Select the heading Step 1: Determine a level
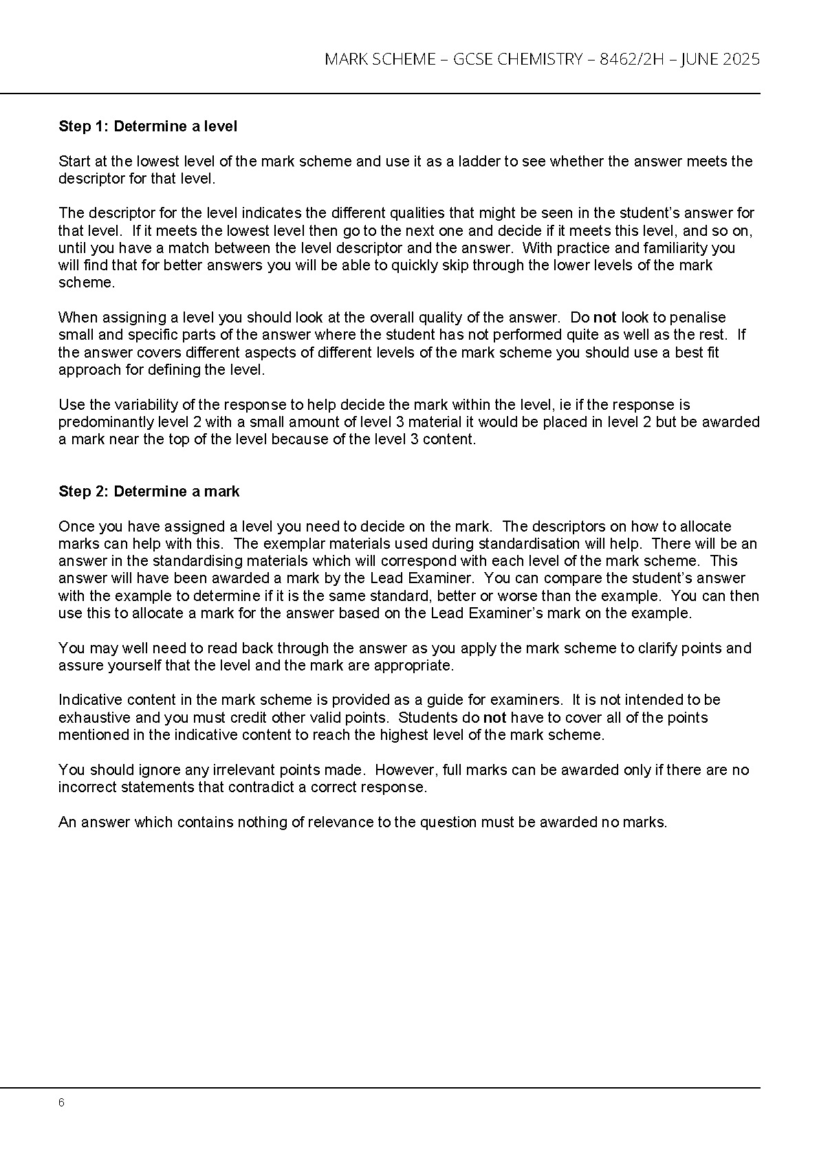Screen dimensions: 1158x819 point(148,127)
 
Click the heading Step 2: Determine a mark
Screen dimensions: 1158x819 point(149,492)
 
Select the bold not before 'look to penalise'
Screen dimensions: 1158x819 point(604,318)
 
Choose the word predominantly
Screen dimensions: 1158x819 point(102,422)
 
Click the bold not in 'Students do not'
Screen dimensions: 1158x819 point(494,718)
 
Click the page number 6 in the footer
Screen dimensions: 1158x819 point(62,1103)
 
